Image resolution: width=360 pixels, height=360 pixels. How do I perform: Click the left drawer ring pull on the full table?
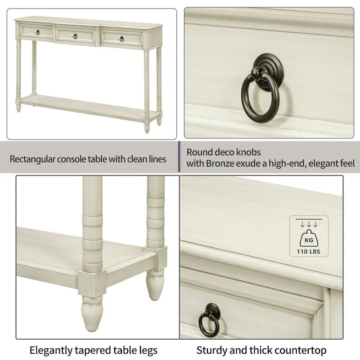[x=38, y=32]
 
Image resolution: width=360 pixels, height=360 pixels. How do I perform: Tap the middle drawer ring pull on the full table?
[x=75, y=36]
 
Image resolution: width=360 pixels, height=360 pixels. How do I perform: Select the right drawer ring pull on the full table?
[x=121, y=39]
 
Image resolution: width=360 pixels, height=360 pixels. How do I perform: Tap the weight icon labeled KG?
[x=309, y=238]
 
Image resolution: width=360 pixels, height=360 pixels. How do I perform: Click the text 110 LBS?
[x=309, y=252]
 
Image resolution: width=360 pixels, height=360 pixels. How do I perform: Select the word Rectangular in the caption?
[x=31, y=159]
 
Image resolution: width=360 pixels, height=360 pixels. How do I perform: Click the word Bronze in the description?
[x=220, y=164]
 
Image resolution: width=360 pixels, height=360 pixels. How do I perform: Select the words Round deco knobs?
[x=224, y=153]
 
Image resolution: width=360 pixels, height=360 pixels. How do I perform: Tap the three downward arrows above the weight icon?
[x=309, y=224]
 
